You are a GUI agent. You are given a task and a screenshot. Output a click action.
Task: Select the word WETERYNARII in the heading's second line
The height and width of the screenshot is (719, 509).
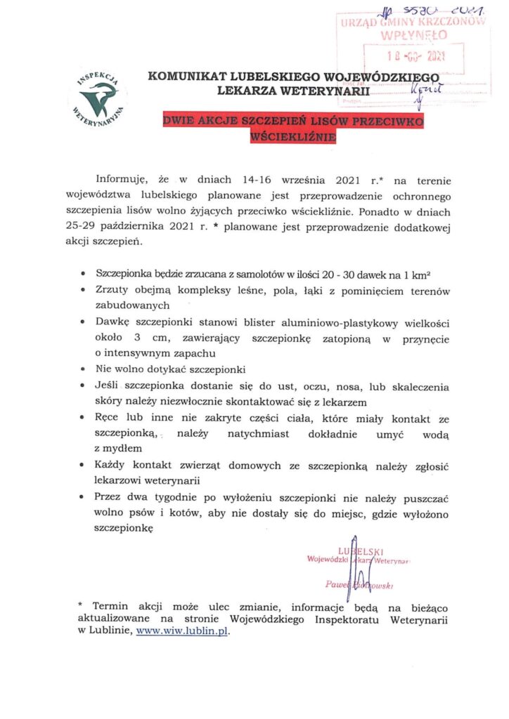328,90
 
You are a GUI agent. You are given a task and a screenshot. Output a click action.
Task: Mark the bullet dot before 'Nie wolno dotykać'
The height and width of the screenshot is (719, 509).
85,369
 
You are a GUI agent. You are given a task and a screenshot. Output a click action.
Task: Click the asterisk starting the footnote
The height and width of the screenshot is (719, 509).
80,605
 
